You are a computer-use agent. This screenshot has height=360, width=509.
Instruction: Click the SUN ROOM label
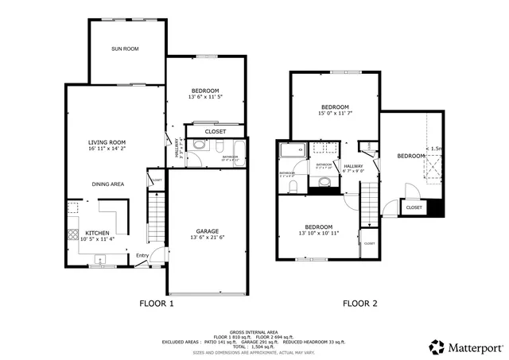tap(126, 49)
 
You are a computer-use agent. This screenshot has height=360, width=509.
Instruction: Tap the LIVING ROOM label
tap(107, 141)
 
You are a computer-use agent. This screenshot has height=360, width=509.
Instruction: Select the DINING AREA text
tap(107, 184)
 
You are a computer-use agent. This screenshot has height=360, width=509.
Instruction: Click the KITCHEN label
tap(97, 233)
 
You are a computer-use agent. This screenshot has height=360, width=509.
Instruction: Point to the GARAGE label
tap(208, 230)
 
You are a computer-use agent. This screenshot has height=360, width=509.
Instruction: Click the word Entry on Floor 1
tap(142, 255)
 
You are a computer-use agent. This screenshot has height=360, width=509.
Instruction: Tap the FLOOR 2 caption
tap(359, 303)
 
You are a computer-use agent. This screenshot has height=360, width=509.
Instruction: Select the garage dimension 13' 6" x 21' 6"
tap(208, 238)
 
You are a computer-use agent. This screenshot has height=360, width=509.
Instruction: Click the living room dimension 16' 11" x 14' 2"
tap(107, 149)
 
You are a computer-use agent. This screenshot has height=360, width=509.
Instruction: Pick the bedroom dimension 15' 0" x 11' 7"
tap(335, 114)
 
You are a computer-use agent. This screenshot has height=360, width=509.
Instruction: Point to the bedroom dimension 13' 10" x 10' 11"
tap(319, 233)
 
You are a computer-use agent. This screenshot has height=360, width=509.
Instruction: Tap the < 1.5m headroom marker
tap(435, 149)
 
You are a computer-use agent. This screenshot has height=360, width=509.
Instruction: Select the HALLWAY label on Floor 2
tap(353, 165)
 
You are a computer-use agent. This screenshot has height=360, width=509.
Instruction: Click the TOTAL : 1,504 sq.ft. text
tap(253, 347)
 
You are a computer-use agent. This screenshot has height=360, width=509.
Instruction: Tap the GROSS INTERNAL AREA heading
tap(253, 332)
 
